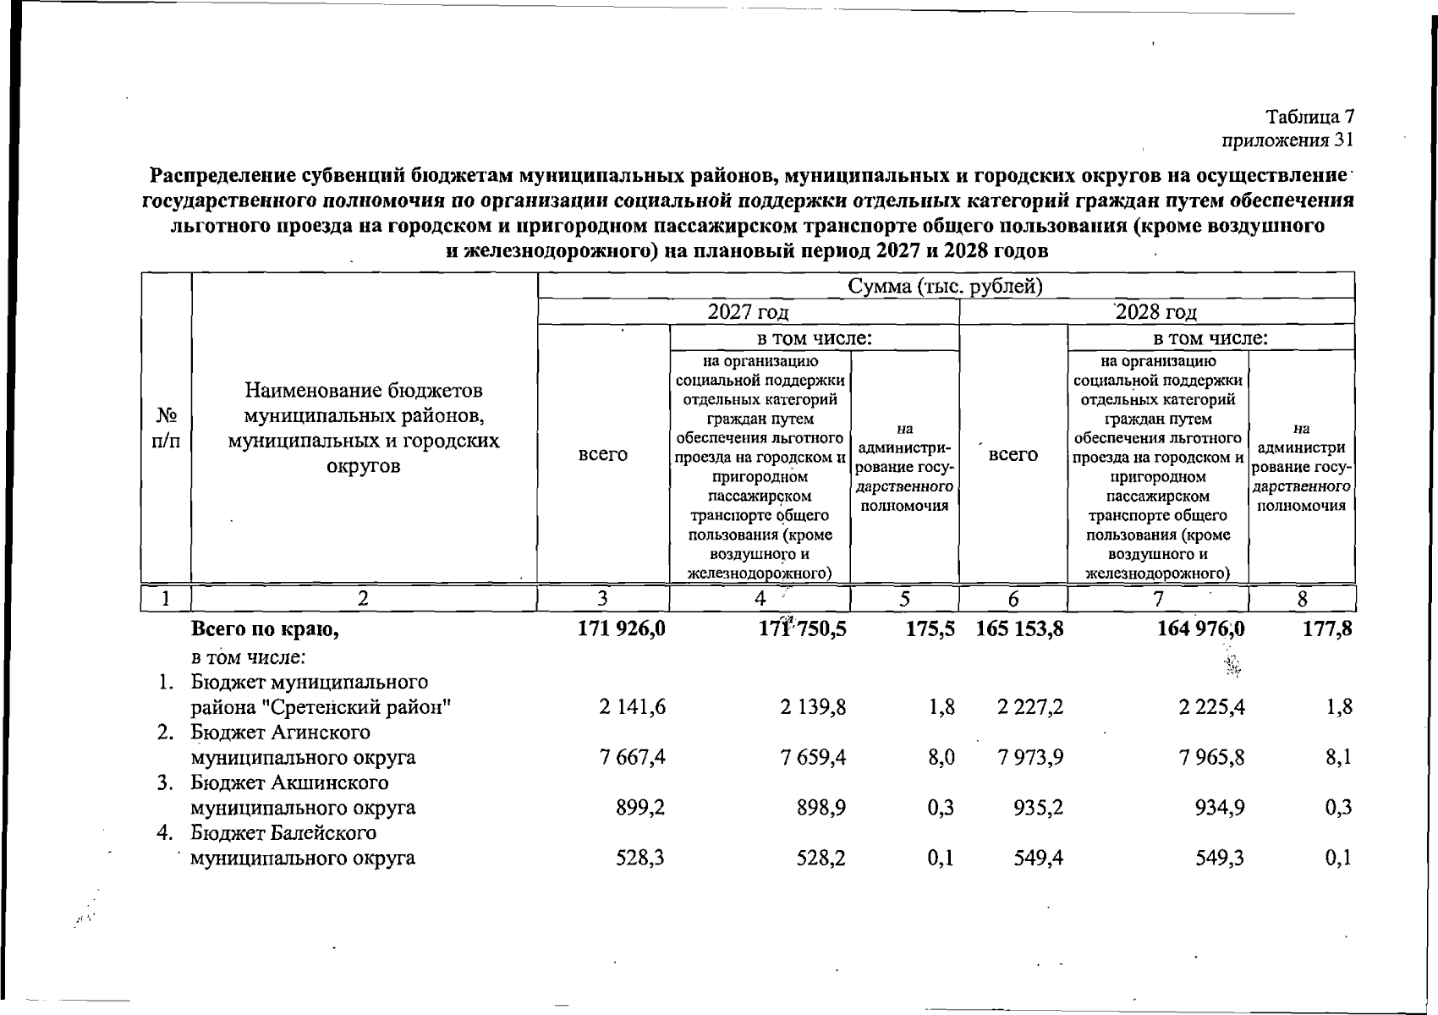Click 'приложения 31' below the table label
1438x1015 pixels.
[1288, 139]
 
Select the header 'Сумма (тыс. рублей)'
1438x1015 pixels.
[946, 286]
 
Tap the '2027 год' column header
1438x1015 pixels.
[748, 312]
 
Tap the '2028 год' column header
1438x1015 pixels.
[1156, 312]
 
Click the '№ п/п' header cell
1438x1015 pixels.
[167, 428]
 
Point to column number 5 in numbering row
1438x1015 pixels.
[904, 599]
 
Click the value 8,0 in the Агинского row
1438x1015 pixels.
[941, 757]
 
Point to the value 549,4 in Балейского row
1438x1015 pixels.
[1038, 859]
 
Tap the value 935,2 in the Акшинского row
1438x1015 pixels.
[1038, 808]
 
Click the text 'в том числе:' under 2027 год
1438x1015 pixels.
[814, 339]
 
